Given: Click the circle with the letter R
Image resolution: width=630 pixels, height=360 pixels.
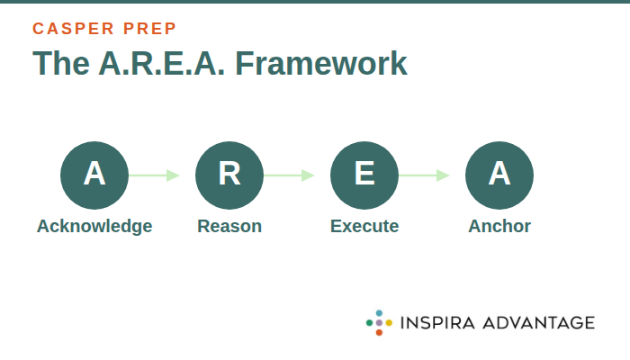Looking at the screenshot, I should (229, 175).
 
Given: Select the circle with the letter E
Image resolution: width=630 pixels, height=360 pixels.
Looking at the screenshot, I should (364, 175).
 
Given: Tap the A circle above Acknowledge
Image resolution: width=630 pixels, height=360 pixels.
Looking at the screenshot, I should (94, 175).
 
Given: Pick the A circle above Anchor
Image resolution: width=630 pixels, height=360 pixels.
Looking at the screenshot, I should (499, 175).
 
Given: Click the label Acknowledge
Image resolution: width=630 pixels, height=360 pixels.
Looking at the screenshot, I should (94, 226).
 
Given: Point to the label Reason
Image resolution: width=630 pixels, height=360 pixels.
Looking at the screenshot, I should (229, 226).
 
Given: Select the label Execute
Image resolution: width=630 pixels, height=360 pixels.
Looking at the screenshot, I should (364, 226).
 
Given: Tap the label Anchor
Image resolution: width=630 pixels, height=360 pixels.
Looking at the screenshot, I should (499, 226).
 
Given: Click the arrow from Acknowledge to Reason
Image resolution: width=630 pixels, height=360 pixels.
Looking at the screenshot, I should (155, 175).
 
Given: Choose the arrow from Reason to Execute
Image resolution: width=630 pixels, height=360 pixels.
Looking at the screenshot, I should (290, 175).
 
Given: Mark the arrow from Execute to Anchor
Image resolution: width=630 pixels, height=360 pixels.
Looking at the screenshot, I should (425, 175).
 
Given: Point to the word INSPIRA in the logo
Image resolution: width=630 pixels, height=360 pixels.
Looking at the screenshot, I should (438, 322).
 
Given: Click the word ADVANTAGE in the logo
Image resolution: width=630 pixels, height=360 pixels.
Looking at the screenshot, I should (539, 322).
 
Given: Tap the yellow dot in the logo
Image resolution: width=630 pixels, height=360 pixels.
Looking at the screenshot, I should (389, 322).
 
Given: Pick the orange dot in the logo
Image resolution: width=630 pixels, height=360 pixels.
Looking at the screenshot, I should (379, 332).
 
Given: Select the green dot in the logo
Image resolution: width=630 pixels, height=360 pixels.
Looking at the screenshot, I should (369, 322).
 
